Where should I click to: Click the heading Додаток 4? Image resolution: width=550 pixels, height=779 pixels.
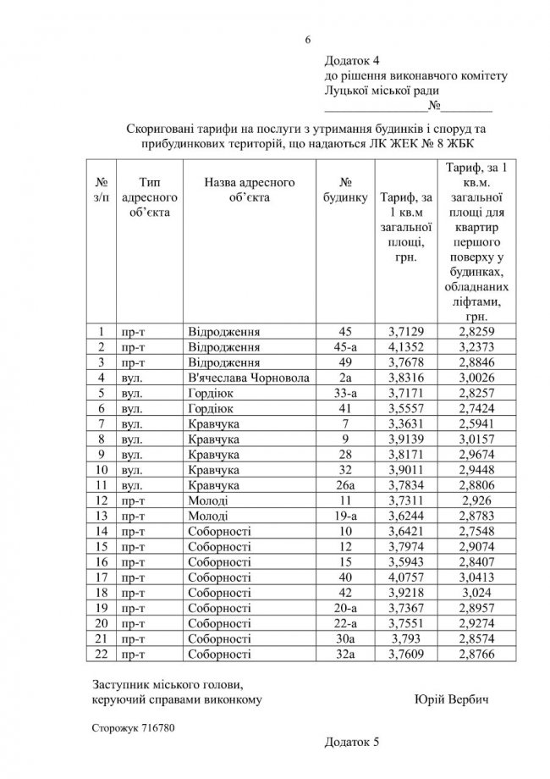[x=354, y=61]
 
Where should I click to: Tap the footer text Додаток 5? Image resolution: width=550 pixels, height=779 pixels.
[x=354, y=742]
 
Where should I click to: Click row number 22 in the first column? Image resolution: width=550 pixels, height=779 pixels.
[x=102, y=654]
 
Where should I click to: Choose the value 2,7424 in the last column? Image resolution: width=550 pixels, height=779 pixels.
[x=471, y=408]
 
